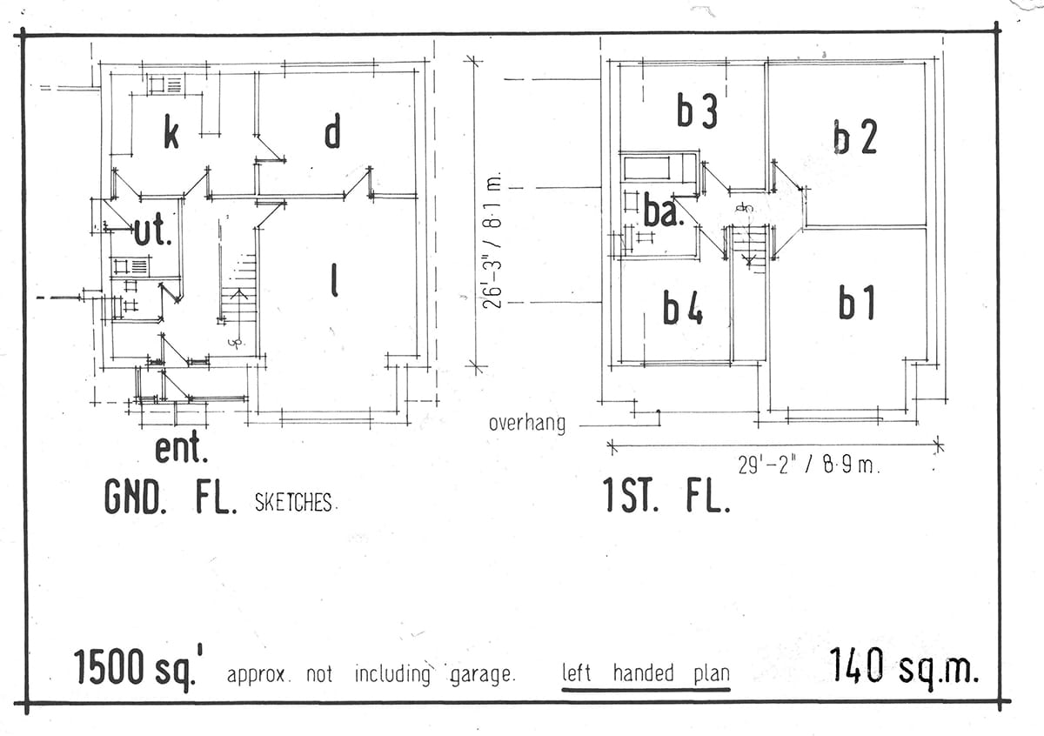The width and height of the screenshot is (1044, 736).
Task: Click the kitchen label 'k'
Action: click(x=171, y=135)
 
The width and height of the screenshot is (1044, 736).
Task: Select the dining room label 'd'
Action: click(x=331, y=132)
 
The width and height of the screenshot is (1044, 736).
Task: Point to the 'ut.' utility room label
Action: click(x=152, y=231)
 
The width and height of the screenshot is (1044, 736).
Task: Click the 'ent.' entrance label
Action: click(x=181, y=450)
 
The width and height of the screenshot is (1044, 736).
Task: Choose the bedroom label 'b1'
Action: click(x=856, y=304)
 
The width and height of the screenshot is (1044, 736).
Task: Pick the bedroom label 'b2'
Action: click(x=854, y=137)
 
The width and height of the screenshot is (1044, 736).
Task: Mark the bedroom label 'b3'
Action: click(x=697, y=113)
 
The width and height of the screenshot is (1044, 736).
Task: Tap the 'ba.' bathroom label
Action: click(x=660, y=211)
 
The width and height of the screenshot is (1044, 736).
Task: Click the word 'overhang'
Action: click(x=526, y=424)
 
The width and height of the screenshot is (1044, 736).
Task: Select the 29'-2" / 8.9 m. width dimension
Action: click(x=809, y=465)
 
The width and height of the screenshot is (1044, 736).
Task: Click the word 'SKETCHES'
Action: click(x=294, y=503)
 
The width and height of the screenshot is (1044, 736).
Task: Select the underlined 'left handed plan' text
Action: click(x=646, y=673)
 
